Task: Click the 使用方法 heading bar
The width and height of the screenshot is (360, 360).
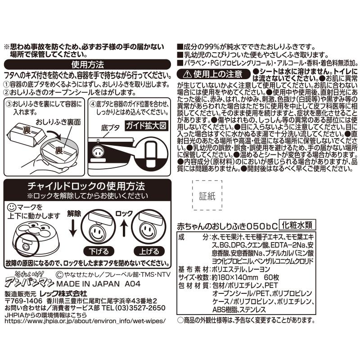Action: click(x=88, y=64)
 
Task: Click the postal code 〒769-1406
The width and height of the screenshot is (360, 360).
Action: click(x=19, y=300)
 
